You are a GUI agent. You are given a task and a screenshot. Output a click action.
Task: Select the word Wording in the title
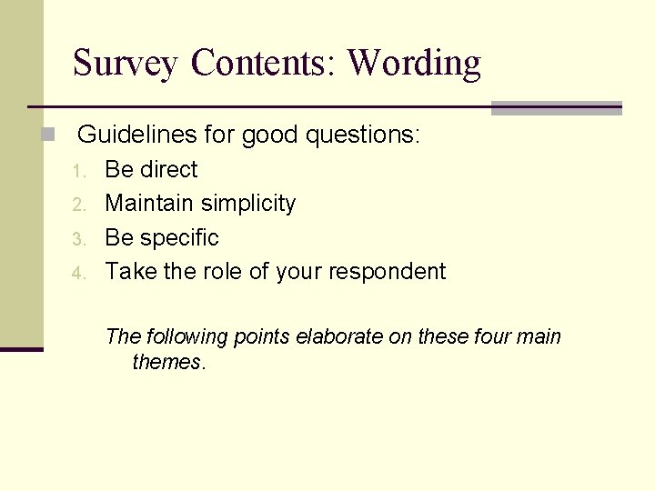tap(414, 64)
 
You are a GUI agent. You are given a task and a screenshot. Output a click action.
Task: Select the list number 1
tap(78, 171)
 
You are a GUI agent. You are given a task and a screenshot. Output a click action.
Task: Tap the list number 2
tap(78, 205)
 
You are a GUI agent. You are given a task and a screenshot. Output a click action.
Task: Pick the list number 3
tap(78, 239)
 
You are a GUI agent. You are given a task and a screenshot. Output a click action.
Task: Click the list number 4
tap(78, 273)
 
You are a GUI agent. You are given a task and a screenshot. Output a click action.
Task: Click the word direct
tap(170, 169)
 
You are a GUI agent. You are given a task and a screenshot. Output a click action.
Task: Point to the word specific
tap(181, 238)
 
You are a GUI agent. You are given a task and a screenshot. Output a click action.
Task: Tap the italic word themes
tap(168, 362)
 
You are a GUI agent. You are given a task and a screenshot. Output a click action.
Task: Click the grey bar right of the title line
tap(556, 108)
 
